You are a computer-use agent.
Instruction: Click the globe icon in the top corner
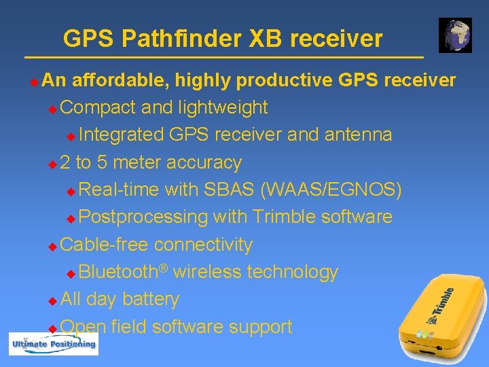(x=455, y=35)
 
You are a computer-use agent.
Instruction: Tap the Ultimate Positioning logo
(x=53, y=344)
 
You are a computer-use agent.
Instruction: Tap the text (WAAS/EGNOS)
(x=331, y=190)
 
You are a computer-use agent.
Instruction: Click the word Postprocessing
(x=143, y=217)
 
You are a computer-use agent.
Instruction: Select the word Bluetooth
(x=117, y=272)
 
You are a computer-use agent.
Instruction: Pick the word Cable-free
(x=105, y=244)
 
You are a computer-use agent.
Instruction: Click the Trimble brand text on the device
(x=442, y=304)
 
